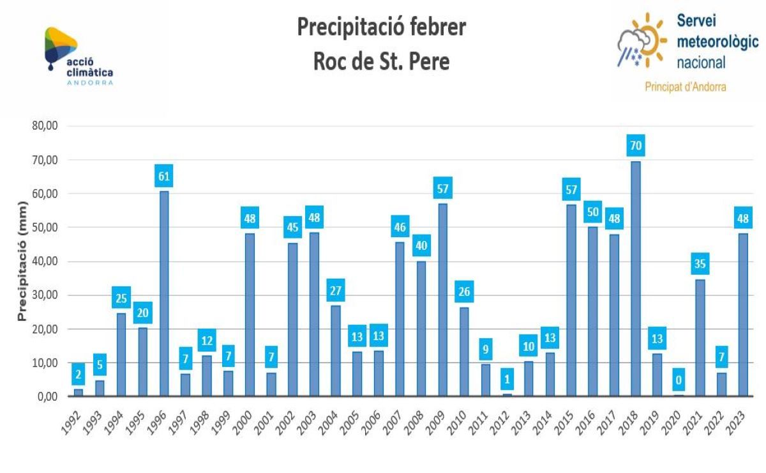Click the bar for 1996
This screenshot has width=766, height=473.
164,294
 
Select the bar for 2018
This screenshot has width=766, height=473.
635,279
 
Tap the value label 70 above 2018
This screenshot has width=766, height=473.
635,146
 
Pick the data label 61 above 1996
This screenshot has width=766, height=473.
164,176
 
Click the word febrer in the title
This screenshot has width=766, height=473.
435,28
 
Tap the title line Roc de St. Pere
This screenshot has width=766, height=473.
381,62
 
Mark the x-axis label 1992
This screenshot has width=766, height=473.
75,423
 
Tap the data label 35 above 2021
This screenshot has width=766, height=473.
700,264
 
